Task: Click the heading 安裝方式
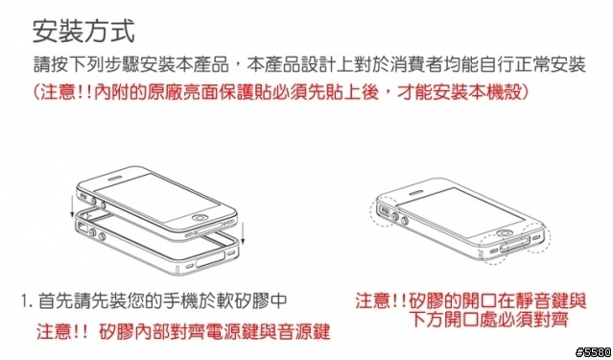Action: tap(83, 32)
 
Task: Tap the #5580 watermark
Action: tap(593, 352)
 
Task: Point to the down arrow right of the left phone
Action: tap(243, 232)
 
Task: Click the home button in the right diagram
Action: tap(507, 235)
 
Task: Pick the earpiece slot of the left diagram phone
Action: tap(116, 179)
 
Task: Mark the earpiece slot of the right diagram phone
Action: tap(417, 193)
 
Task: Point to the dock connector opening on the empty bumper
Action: tap(210, 260)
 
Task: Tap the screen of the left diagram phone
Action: tap(156, 198)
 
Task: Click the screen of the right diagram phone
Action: tap(460, 211)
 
